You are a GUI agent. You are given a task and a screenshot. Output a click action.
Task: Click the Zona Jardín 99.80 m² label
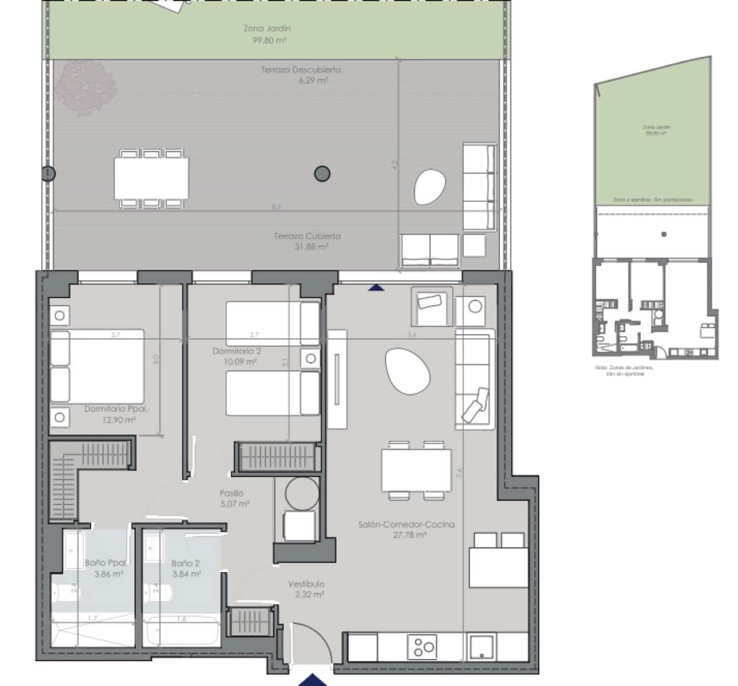click(x=268, y=34)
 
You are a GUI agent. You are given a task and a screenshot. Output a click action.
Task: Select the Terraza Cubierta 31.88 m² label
click(x=307, y=241)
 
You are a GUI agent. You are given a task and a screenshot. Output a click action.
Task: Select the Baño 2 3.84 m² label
click(x=186, y=568)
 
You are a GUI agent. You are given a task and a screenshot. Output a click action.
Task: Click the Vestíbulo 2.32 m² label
click(x=306, y=589)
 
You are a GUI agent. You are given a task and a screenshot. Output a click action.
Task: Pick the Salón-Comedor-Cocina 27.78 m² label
click(x=406, y=529)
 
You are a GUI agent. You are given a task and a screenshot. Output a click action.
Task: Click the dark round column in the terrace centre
click(x=322, y=173)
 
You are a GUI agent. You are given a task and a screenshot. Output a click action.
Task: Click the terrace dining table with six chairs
click(x=151, y=178)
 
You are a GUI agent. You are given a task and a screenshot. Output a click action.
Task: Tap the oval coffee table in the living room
click(x=407, y=371)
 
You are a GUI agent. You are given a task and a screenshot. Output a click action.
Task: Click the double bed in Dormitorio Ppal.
click(x=97, y=366)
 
